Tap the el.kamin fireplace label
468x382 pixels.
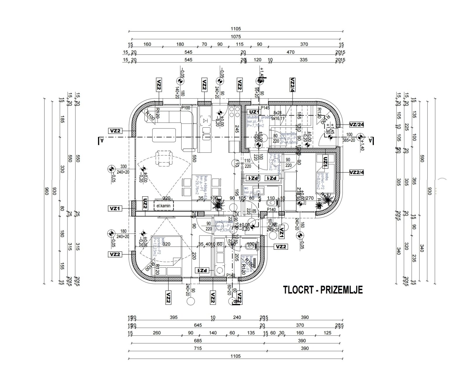[x=164, y=206]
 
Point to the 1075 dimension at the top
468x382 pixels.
[x=236, y=37]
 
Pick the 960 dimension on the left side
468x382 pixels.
[x=45, y=191]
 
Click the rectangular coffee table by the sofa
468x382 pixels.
[x=164, y=135]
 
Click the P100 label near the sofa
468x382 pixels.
[x=185, y=108]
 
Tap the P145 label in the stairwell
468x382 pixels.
[x=265, y=108]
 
